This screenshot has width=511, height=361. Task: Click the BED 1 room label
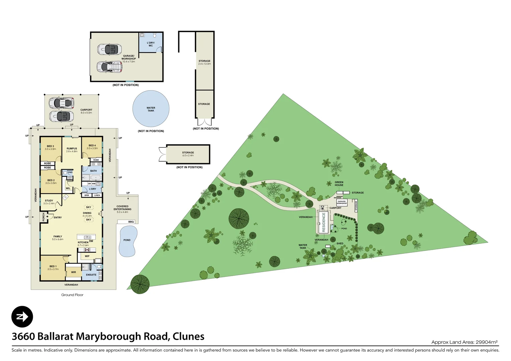click(53, 266)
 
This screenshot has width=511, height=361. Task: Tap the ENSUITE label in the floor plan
click(91, 275)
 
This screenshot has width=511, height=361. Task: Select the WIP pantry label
click(87, 256)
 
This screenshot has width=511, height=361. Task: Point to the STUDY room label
click(49, 201)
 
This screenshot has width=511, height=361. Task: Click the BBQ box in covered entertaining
click(131, 222)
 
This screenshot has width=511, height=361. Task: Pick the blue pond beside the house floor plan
click(127, 241)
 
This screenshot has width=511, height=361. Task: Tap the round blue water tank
click(151, 109)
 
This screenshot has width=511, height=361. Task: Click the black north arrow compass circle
click(22, 317)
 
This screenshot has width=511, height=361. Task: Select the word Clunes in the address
click(188, 336)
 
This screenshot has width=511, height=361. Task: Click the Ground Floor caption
click(72, 295)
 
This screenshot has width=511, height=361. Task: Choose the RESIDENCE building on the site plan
click(323, 222)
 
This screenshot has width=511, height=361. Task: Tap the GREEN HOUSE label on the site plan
click(339, 184)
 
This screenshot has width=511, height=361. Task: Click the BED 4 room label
click(92, 145)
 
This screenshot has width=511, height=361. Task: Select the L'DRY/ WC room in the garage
click(150, 44)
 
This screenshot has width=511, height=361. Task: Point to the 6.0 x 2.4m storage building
click(188, 154)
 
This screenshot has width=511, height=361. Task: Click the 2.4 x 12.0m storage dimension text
click(204, 64)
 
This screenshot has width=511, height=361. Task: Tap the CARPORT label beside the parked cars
click(86, 110)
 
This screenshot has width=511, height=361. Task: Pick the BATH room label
click(93, 171)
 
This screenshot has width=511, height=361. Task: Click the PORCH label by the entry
click(43, 217)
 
